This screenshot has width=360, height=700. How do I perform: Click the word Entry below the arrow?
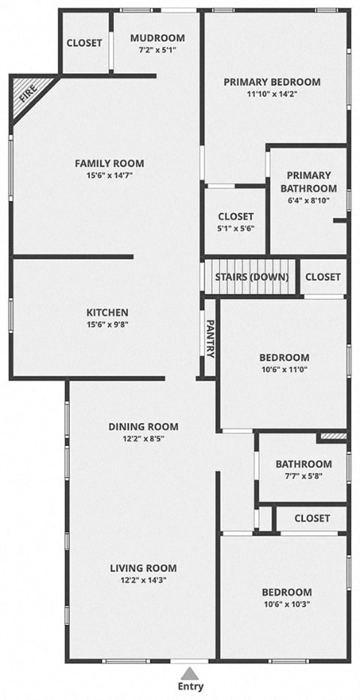pos(191,687)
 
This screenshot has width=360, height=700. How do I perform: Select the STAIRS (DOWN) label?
pos(251,277)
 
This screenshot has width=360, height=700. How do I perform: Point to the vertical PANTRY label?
pos(210,338)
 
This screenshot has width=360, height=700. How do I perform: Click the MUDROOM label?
pos(157,38)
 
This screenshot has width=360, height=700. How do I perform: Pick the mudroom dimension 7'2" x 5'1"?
pos(157,51)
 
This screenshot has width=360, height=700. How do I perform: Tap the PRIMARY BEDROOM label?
pos(272,82)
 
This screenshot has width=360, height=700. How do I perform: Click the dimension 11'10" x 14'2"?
pos(272,94)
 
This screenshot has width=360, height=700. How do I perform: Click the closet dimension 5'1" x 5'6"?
pos(236,229)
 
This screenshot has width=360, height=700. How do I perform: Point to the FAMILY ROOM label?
pos(109,163)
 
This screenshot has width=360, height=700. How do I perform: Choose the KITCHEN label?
pos(107,312)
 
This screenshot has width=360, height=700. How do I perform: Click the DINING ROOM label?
pos(143,426)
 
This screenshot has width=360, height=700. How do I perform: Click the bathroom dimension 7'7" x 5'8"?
pos(303,476)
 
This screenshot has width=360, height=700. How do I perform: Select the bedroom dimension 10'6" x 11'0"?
pos(283,370)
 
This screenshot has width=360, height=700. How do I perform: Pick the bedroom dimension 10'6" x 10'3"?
pos(286,604)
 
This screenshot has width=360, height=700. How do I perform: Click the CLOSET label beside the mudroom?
pos(85,43)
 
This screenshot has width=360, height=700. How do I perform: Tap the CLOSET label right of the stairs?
pos(322,277)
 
